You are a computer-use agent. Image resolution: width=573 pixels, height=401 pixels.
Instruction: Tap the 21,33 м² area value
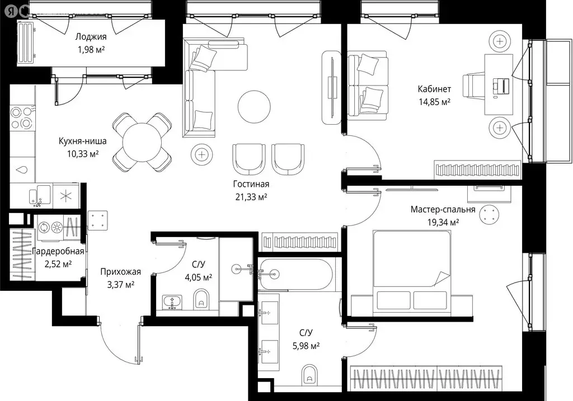(x=251, y=196)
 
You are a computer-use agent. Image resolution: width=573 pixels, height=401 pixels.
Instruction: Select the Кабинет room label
(x=434, y=89)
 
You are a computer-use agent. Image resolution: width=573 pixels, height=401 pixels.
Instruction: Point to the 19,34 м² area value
(x=442, y=222)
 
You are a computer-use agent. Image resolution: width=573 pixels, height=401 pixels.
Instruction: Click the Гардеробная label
(x=58, y=251)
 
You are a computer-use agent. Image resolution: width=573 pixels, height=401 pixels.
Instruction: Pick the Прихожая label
(x=120, y=272)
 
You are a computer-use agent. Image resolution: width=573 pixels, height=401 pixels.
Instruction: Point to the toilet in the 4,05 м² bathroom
(x=201, y=301)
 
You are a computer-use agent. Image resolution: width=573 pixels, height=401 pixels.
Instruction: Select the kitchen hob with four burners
(x=21, y=117)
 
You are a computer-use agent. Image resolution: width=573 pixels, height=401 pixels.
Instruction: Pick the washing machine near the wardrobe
(x=44, y=227)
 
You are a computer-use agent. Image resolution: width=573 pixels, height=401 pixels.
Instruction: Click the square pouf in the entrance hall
(x=98, y=219)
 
